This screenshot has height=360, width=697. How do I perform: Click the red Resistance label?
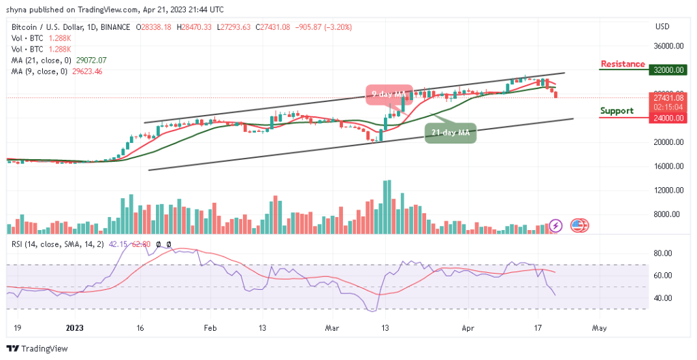point(622,65)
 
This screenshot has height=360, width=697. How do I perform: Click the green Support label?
point(617,111)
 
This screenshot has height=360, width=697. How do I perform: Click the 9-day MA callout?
point(389,95)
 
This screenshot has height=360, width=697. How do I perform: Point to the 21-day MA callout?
point(450,132)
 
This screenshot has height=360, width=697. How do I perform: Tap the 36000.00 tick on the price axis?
point(668,46)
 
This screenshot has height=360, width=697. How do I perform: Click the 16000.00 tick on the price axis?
point(668,166)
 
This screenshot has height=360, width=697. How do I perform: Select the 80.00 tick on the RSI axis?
point(663,253)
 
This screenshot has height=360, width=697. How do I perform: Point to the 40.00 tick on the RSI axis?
point(663,298)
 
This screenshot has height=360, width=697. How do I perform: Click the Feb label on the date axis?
point(210,327)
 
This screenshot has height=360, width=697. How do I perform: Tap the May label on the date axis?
point(599,327)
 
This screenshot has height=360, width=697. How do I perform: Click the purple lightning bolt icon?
point(556,225)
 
